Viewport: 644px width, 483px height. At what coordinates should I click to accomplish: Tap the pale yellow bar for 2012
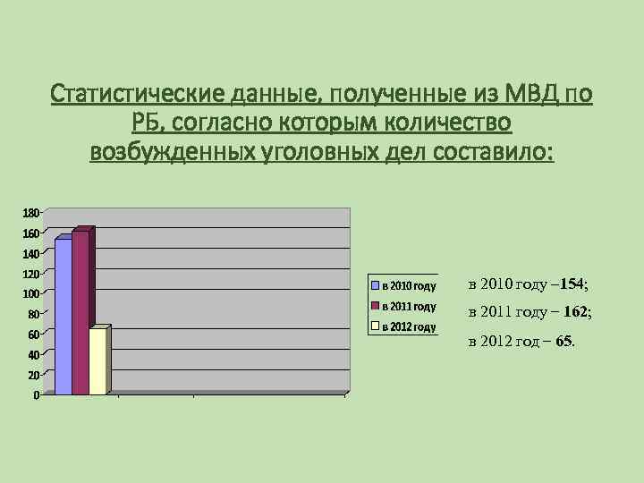pyautogui.click(x=97, y=360)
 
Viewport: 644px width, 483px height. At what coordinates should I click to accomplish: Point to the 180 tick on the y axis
pyautogui.click(x=30, y=213)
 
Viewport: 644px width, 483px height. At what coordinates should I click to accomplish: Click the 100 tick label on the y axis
pyautogui.click(x=30, y=294)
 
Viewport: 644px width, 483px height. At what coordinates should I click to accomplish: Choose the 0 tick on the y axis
pyautogui.click(x=35, y=395)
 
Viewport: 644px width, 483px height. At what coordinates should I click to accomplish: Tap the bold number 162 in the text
pyautogui.click(x=577, y=312)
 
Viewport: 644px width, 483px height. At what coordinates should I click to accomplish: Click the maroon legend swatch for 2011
pyautogui.click(x=376, y=307)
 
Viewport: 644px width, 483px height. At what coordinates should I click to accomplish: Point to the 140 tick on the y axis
pyautogui.click(x=30, y=254)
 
